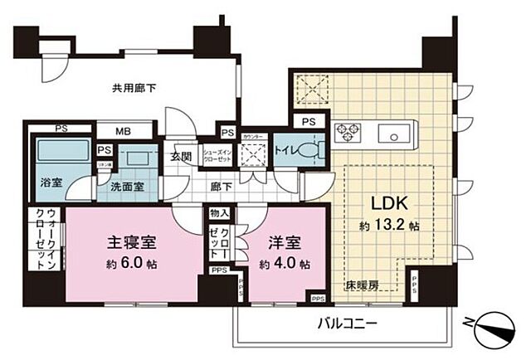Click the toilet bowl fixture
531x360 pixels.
coord(313,151)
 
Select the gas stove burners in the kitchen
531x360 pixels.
coord(347,132)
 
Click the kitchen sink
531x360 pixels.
coord(391,133)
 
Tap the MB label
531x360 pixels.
coord(122,131)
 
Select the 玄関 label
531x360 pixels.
coord(181,155)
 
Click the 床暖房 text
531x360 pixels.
coord(363,285)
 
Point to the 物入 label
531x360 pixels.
coord(219,214)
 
